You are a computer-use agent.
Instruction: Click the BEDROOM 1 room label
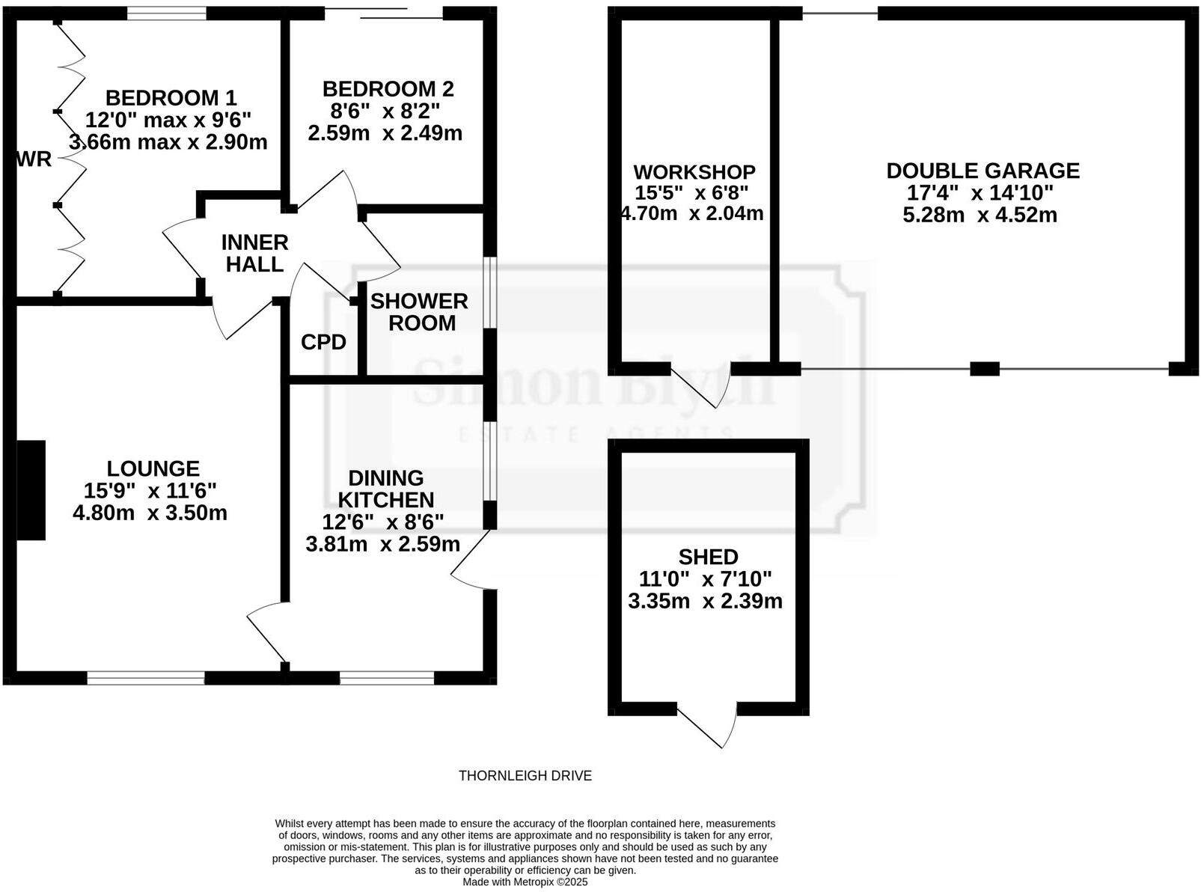[x=171, y=98]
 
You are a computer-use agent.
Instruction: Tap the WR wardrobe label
[x=34, y=159]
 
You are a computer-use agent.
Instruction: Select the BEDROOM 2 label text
[x=388, y=89]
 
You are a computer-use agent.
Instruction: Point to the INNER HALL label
[x=254, y=253]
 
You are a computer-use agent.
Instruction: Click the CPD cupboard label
[x=323, y=342]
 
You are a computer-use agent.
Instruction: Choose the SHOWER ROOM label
[x=419, y=312]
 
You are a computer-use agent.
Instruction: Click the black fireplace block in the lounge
[x=31, y=489]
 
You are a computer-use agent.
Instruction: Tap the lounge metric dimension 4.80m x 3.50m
[x=150, y=513]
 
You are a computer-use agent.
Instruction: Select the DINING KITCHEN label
[x=386, y=489]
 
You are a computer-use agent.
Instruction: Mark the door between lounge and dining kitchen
[x=266, y=632]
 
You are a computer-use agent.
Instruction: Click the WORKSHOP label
[x=694, y=172]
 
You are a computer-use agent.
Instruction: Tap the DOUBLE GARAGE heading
[x=983, y=171]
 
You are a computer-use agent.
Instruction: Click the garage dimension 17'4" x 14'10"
[x=980, y=193]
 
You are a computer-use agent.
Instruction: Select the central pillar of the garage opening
[x=984, y=368]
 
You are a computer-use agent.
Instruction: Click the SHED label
[x=708, y=557]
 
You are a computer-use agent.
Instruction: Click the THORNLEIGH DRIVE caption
[x=525, y=776]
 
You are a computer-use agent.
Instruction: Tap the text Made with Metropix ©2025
[x=525, y=882]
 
